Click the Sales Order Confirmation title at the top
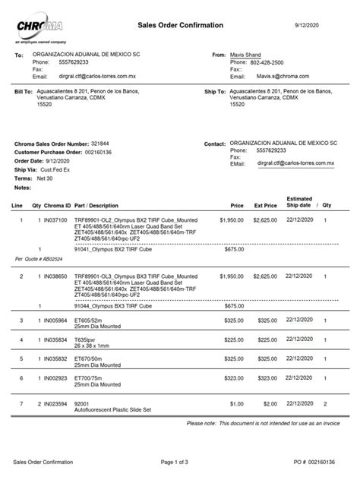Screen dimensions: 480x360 (x=180, y=25)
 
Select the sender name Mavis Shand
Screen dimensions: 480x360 (x=248, y=56)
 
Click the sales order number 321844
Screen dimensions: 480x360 (x=99, y=144)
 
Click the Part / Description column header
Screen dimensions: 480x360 (x=96, y=206)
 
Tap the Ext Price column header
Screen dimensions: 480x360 (x=265, y=206)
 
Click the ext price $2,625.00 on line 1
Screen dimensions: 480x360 (x=265, y=219)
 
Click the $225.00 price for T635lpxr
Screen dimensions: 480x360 (x=232, y=339)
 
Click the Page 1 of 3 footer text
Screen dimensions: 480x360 (x=180, y=461)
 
